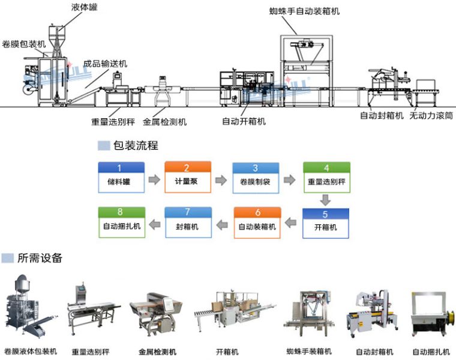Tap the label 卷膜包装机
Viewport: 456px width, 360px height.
pos(24,44)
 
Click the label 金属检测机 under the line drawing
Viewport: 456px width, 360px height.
pos(165,122)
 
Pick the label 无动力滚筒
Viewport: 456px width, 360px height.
pos(431,115)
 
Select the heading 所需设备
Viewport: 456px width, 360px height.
pos(40,258)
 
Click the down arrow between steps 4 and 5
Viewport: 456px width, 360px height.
pos(326,200)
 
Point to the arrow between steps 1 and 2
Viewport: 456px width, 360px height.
pos(154,179)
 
